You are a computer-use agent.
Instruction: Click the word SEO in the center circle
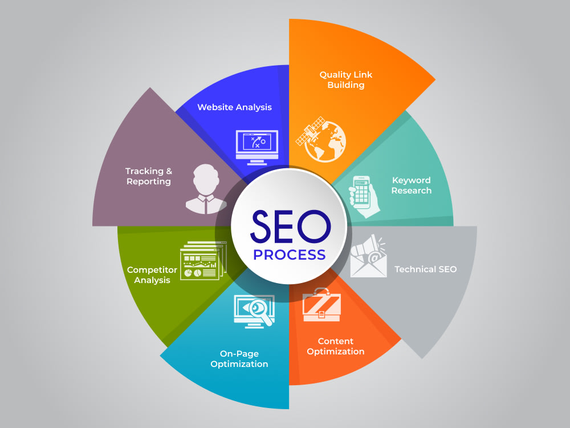click(x=291, y=227)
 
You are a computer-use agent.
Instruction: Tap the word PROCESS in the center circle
click(x=290, y=255)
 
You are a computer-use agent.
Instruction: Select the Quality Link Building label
click(x=346, y=80)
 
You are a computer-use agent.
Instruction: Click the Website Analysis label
click(x=234, y=107)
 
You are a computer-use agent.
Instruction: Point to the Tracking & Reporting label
click(x=149, y=176)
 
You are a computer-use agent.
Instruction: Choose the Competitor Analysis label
click(x=152, y=275)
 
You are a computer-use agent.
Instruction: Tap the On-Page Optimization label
click(x=239, y=359)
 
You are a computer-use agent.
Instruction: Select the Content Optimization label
click(x=336, y=346)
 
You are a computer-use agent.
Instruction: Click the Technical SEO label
click(x=425, y=269)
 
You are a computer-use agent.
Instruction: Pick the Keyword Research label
click(x=412, y=185)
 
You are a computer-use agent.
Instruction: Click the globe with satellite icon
click(x=321, y=140)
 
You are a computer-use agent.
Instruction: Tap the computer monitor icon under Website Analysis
click(x=257, y=147)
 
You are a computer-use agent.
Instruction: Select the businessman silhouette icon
click(x=206, y=189)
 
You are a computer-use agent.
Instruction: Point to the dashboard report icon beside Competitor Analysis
click(x=203, y=261)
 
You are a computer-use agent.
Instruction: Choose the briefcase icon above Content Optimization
click(x=321, y=305)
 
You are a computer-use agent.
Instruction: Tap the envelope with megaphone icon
click(x=368, y=256)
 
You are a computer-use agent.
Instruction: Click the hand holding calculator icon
click(x=364, y=196)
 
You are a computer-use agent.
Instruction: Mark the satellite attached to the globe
click(x=310, y=131)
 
